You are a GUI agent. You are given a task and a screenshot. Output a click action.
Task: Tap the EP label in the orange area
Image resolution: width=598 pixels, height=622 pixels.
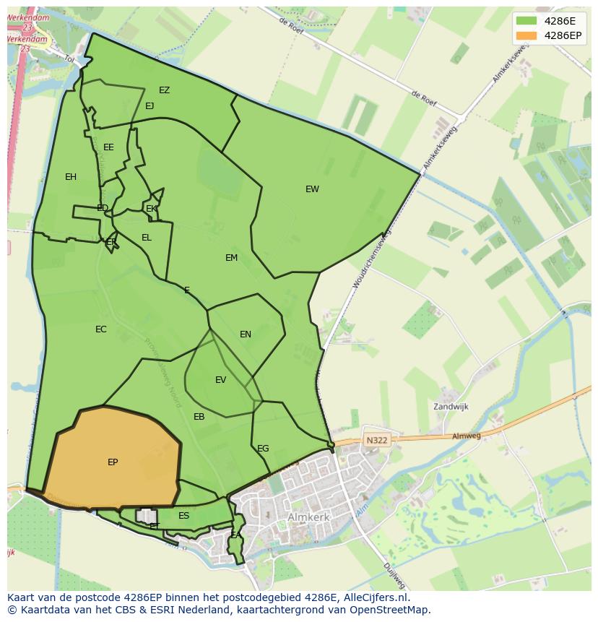113,462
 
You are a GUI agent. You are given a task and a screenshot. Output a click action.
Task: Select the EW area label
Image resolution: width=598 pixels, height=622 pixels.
312,189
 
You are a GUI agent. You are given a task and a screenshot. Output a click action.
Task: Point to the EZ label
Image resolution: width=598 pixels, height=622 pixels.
165,90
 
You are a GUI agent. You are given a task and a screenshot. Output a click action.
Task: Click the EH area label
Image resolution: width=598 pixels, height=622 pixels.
71,177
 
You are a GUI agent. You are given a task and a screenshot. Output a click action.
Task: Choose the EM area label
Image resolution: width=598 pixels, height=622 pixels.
231,258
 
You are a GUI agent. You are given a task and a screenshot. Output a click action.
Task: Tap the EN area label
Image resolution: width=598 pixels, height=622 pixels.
246,334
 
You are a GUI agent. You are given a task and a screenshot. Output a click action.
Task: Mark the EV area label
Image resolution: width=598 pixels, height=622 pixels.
221,380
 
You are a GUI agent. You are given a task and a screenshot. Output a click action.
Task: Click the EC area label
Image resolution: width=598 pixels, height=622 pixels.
101,329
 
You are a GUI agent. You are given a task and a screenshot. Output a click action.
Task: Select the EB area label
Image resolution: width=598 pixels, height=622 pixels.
199,417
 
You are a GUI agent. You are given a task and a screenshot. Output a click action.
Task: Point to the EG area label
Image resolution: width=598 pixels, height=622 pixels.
263,449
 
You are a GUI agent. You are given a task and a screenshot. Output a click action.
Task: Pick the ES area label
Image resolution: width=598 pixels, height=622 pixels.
183,516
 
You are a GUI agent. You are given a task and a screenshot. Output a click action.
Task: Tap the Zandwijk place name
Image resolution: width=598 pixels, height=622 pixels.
451,407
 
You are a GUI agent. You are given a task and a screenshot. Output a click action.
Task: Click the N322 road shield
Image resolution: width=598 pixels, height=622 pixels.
376,440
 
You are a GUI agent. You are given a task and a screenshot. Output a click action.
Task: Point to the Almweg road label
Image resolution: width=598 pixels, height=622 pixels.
466,436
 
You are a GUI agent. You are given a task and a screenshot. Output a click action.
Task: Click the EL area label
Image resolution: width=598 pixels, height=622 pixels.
147,238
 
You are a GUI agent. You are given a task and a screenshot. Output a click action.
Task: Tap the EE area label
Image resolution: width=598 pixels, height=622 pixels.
108,147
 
